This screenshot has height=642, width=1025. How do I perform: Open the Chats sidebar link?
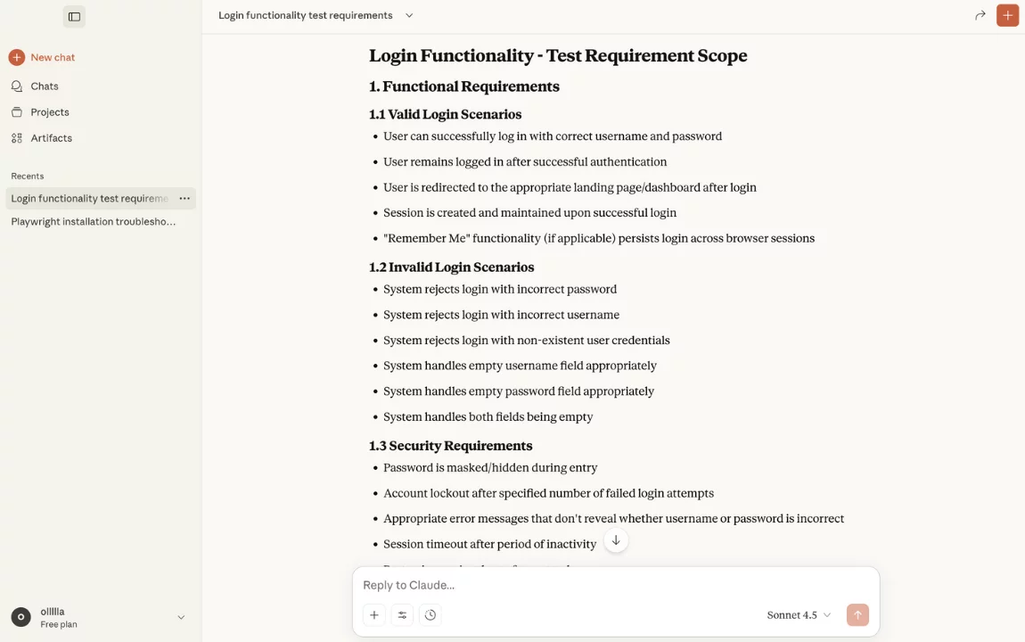[x=44, y=86]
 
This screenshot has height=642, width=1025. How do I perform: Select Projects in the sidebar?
[x=49, y=112]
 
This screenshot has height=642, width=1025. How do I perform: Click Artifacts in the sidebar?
[x=51, y=138]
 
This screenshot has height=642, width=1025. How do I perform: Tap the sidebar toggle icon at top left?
[x=74, y=16]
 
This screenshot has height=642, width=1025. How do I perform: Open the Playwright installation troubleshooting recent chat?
[x=93, y=222]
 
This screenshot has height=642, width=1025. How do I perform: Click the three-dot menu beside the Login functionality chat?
[x=184, y=199]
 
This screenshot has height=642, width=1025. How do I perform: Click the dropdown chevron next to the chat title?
[x=409, y=15]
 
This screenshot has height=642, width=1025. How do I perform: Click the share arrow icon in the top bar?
[x=980, y=15]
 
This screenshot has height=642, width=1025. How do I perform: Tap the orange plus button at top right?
[x=1007, y=15]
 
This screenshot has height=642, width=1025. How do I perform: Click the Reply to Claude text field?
[x=615, y=585]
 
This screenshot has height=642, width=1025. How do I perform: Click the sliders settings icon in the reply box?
[x=402, y=615]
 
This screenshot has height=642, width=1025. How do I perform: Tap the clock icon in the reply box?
[x=430, y=615]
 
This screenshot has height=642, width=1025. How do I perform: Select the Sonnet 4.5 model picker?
[x=799, y=615]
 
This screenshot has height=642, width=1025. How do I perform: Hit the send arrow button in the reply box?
[x=857, y=615]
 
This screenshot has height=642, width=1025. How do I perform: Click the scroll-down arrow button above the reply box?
[x=616, y=540]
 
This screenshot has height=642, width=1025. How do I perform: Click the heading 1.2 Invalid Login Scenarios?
[x=451, y=267]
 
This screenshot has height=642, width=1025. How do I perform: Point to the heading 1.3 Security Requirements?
[x=450, y=446]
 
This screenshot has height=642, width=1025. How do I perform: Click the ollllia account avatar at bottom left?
[x=20, y=617]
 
